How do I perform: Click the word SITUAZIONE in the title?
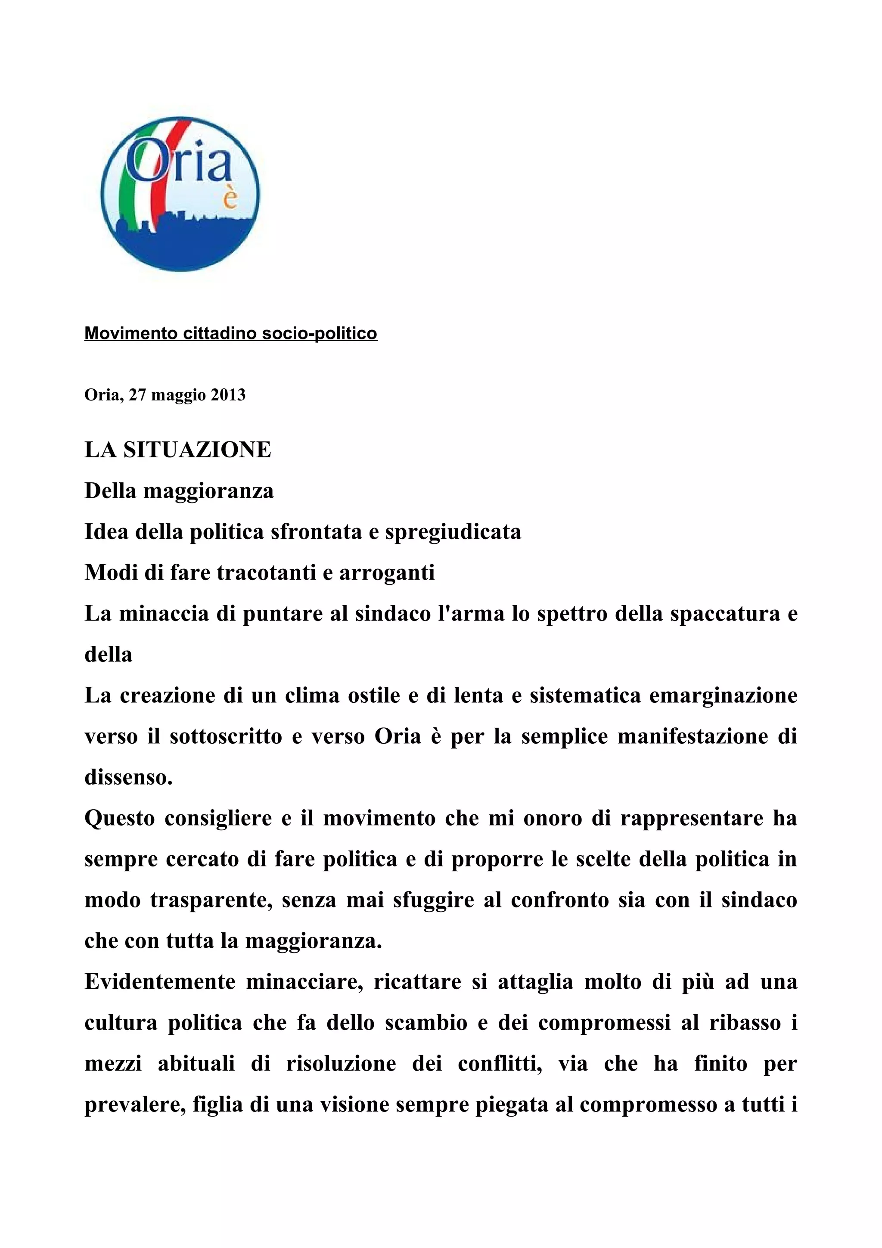pos(197,450)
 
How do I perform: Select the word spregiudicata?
pos(453,531)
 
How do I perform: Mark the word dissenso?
pos(128,777)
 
